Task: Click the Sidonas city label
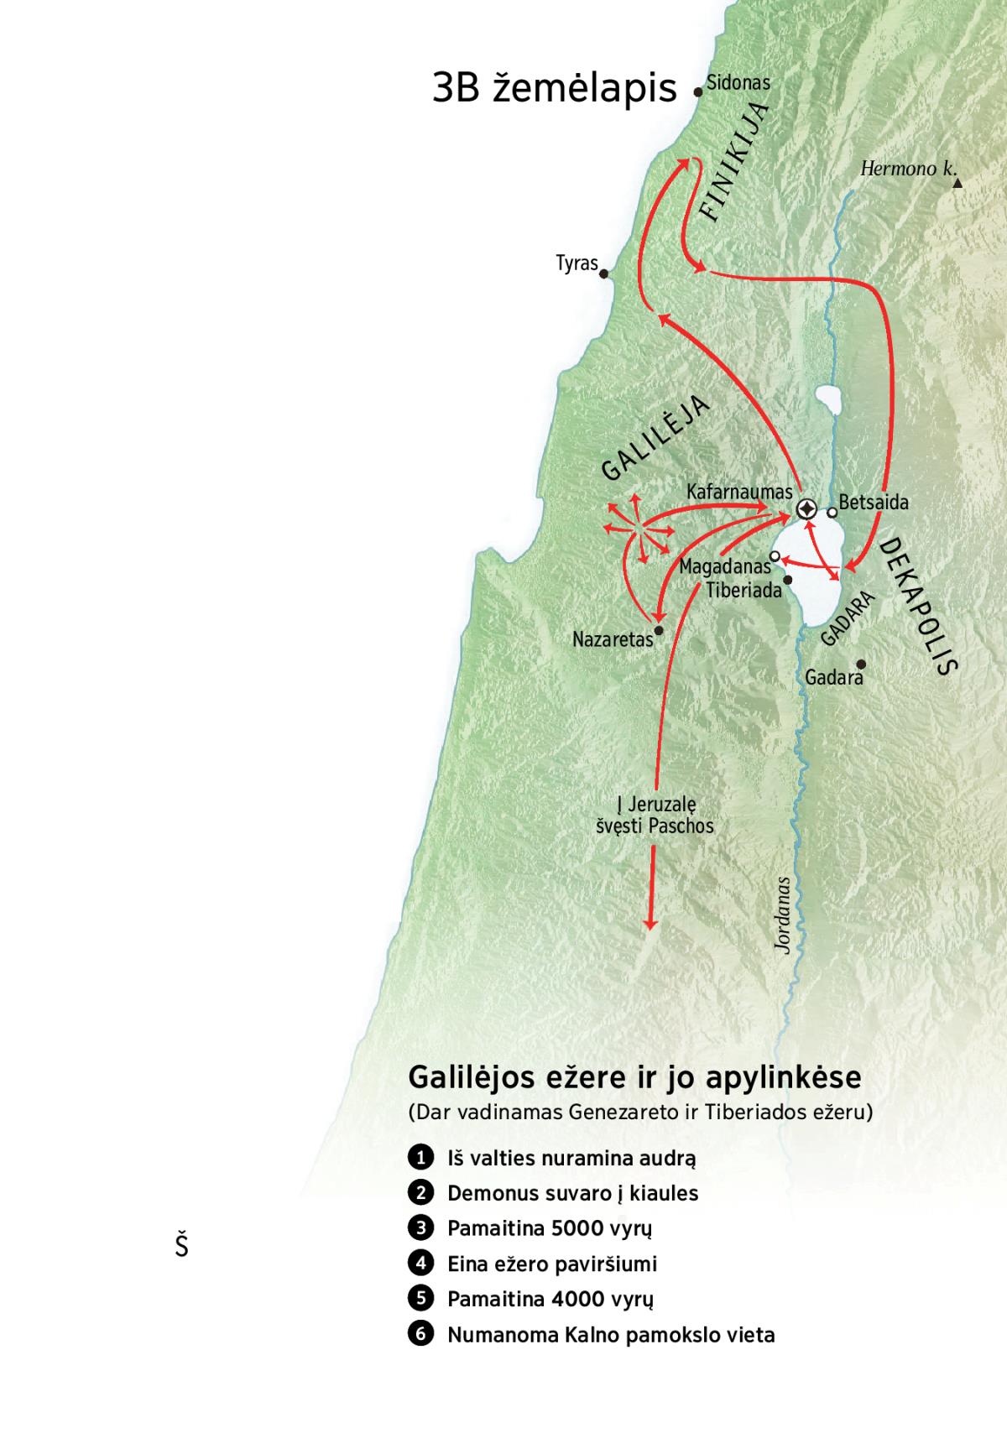click(738, 82)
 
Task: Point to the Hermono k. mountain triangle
click(957, 183)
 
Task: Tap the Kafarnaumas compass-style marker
click(806, 509)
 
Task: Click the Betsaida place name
click(874, 503)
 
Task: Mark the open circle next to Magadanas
click(775, 555)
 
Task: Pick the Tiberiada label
click(744, 591)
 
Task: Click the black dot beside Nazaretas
click(659, 630)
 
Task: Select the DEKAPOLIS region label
click(919, 607)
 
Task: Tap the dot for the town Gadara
click(860, 664)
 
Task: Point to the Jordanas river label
click(783, 915)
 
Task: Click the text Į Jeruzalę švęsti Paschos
click(655, 815)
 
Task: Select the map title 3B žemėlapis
click(554, 87)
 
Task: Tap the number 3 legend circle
click(420, 1228)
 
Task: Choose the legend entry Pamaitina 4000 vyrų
click(550, 1299)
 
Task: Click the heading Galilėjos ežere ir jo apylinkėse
click(634, 1077)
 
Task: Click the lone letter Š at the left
click(181, 1245)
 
